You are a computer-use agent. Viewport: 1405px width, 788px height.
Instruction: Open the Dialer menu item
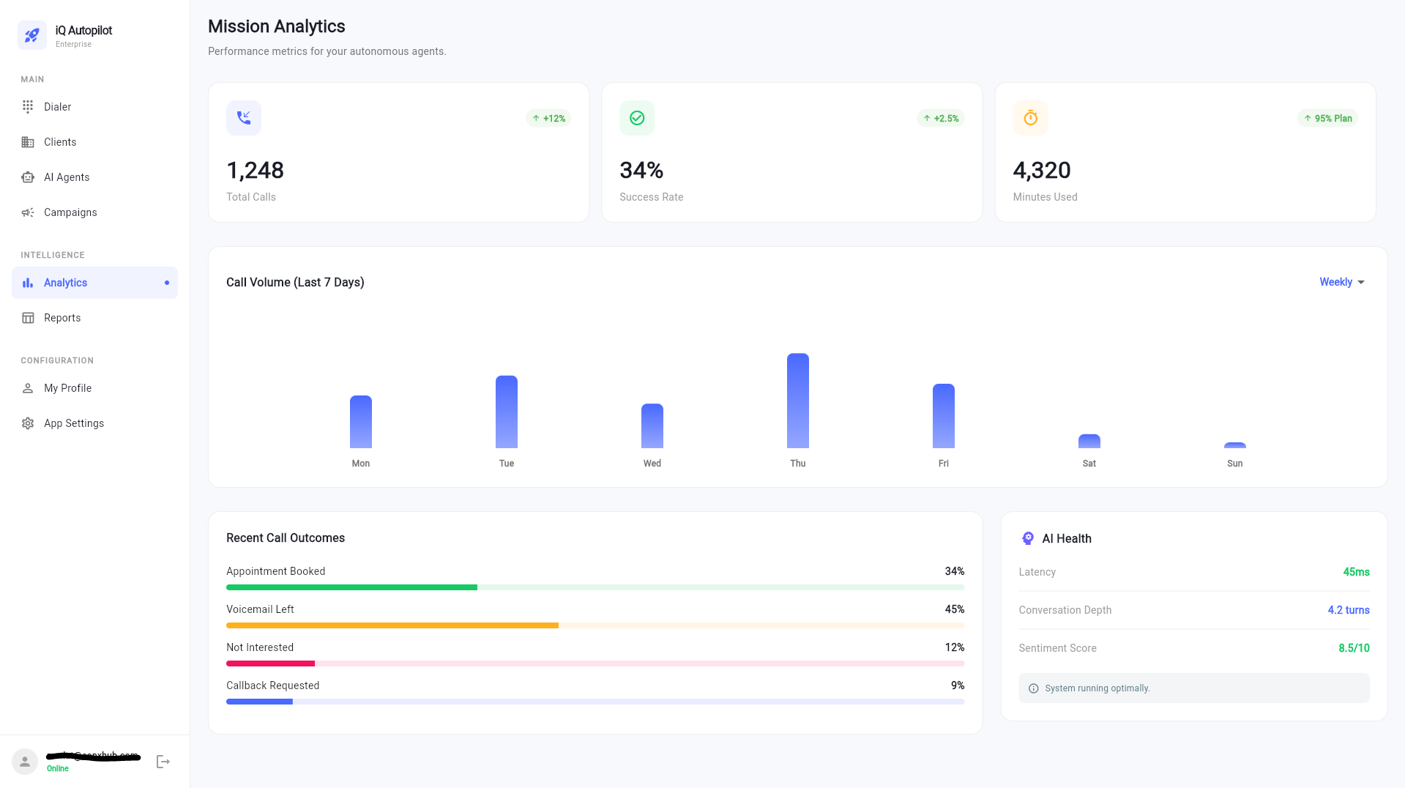point(57,107)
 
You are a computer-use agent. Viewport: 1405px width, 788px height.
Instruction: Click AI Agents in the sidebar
point(66,177)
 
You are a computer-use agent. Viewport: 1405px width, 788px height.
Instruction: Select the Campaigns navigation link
point(70,212)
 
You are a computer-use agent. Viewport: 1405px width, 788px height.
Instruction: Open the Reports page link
point(62,318)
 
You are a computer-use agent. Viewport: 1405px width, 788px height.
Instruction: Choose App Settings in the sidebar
point(73,423)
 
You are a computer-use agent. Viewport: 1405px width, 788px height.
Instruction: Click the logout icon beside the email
point(163,762)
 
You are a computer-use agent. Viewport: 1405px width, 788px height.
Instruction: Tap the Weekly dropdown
point(1341,282)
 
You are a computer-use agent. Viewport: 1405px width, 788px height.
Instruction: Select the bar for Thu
point(797,401)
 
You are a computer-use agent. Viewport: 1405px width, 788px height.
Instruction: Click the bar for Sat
point(1089,442)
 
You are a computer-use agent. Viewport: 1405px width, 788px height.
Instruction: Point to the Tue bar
point(506,412)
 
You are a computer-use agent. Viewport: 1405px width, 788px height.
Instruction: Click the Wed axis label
point(652,464)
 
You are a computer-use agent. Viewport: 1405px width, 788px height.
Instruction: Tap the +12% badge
point(548,118)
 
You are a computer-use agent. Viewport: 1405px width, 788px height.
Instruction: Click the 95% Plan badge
point(1327,118)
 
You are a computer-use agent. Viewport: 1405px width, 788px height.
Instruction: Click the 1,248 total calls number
point(255,171)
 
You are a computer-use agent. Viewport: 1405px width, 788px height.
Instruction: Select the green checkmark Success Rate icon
point(637,118)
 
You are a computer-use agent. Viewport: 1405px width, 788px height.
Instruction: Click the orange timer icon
point(1030,118)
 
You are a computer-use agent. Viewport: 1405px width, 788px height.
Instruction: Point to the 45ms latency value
point(1355,572)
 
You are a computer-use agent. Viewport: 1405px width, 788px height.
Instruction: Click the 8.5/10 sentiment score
point(1353,648)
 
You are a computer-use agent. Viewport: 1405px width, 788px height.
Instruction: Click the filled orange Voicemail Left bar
point(392,625)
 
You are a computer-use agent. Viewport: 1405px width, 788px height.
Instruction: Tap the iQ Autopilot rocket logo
point(32,35)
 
